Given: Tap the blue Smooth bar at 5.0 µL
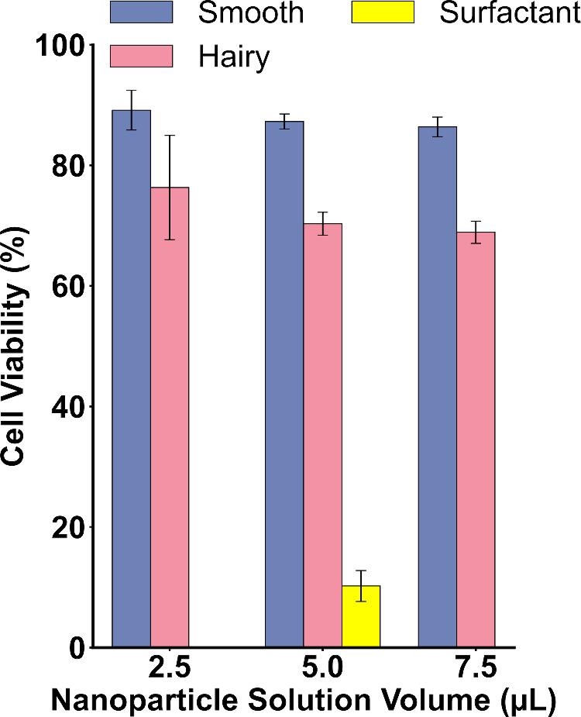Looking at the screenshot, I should pyautogui.click(x=284, y=384).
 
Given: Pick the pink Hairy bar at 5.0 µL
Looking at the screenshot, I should pyautogui.click(x=322, y=435).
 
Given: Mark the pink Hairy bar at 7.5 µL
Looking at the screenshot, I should pyautogui.click(x=476, y=439).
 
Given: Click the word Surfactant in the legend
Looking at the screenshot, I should pyautogui.click(x=510, y=14).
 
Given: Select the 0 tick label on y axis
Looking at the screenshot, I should pyautogui.click(x=75, y=647).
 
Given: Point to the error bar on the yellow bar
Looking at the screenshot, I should pyautogui.click(x=360, y=586).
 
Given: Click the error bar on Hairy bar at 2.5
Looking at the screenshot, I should pyautogui.click(x=170, y=187).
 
